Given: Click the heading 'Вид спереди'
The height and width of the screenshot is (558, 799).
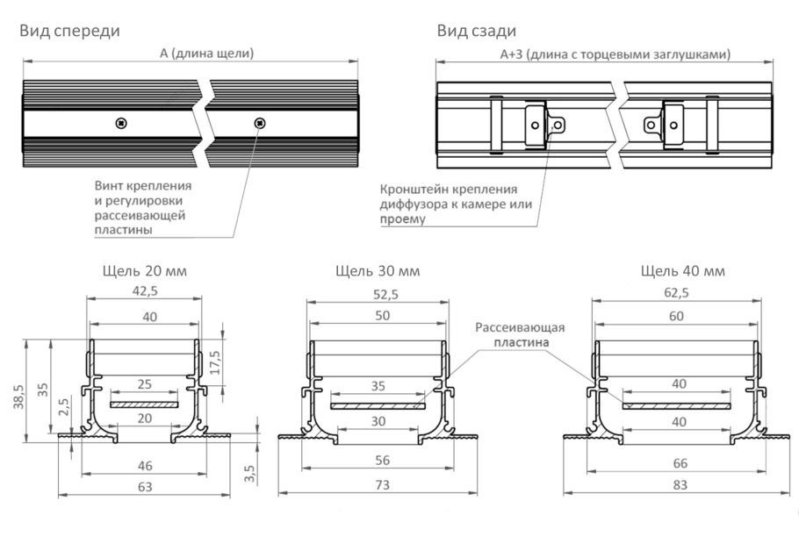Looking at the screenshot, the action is [70, 31].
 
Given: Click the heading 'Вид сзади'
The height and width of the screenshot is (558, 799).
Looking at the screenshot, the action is [477, 31].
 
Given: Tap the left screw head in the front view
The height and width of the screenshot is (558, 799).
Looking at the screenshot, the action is [121, 123].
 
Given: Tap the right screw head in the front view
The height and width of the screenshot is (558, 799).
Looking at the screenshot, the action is [260, 123].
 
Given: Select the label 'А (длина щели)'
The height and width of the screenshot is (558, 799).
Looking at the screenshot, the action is [206, 54].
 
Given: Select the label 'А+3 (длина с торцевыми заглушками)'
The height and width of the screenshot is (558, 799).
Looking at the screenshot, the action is [615, 54].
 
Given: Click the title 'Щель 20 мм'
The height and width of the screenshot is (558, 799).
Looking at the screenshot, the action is [145, 270].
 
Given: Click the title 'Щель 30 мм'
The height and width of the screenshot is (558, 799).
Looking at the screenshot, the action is [378, 270].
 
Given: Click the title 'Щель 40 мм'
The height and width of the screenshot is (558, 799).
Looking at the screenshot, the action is [683, 270].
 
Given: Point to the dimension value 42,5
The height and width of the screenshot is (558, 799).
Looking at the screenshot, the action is [145, 290].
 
